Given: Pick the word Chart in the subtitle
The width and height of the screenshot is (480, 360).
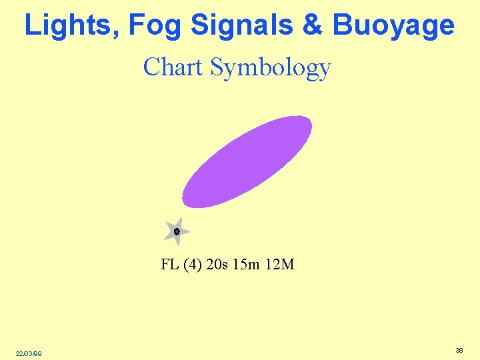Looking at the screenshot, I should click(x=173, y=67).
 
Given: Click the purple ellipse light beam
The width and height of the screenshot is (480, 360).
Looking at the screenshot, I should click(x=247, y=161).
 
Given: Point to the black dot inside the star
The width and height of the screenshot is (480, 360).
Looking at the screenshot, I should click(x=177, y=231).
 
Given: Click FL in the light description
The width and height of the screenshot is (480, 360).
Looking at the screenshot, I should click(x=169, y=265).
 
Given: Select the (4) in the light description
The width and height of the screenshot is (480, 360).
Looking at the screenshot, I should click(x=192, y=265).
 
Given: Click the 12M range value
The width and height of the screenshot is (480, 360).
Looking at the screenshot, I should click(x=280, y=265).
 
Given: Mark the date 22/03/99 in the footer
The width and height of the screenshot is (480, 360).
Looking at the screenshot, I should click(x=29, y=353).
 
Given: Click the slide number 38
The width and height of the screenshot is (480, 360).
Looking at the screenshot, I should click(x=459, y=350).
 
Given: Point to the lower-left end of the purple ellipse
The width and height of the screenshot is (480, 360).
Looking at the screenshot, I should click(x=185, y=203).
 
